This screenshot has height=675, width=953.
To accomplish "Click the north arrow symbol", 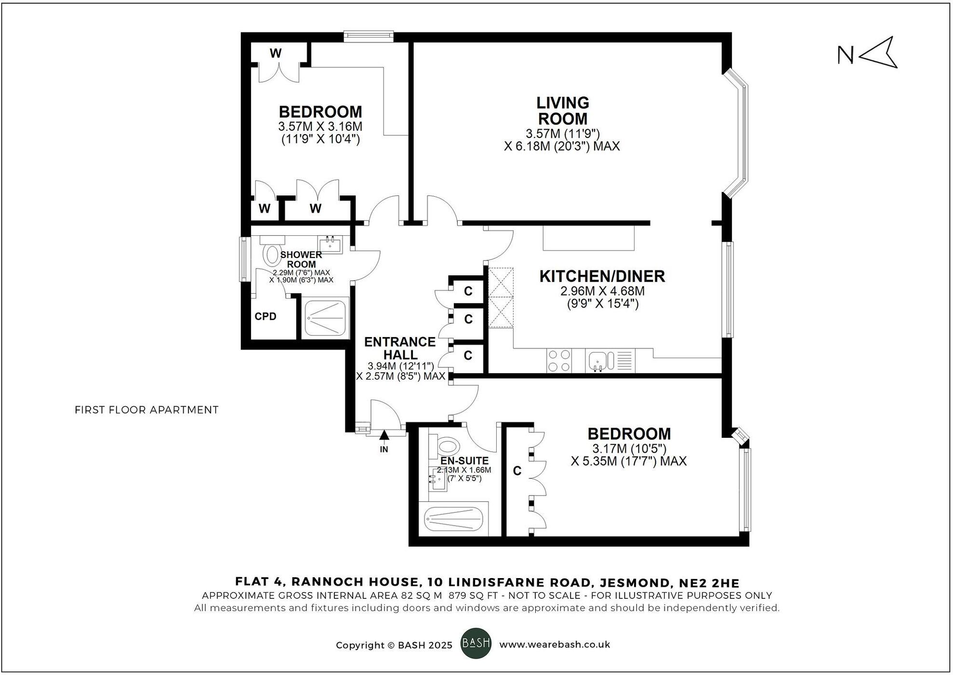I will point(878,53).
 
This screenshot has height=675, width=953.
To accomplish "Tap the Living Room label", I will point(563,111).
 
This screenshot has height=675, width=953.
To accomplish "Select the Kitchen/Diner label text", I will point(602,276).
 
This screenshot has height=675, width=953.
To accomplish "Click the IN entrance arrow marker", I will point(384,436).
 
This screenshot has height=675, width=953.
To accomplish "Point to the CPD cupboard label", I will point(265,317).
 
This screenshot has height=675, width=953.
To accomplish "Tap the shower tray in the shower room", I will point(326,318).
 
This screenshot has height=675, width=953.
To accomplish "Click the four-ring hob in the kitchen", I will point(559,361).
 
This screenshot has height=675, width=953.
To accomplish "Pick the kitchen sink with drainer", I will point(609,361).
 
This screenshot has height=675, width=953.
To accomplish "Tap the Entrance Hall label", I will point(399,348).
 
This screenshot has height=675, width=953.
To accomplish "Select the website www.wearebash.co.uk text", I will point(555,645).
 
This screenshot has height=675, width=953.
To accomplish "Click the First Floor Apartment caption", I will point(146,410).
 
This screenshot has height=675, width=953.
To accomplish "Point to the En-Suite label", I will point(464,461).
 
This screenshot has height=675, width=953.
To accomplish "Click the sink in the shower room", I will point(330,244).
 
